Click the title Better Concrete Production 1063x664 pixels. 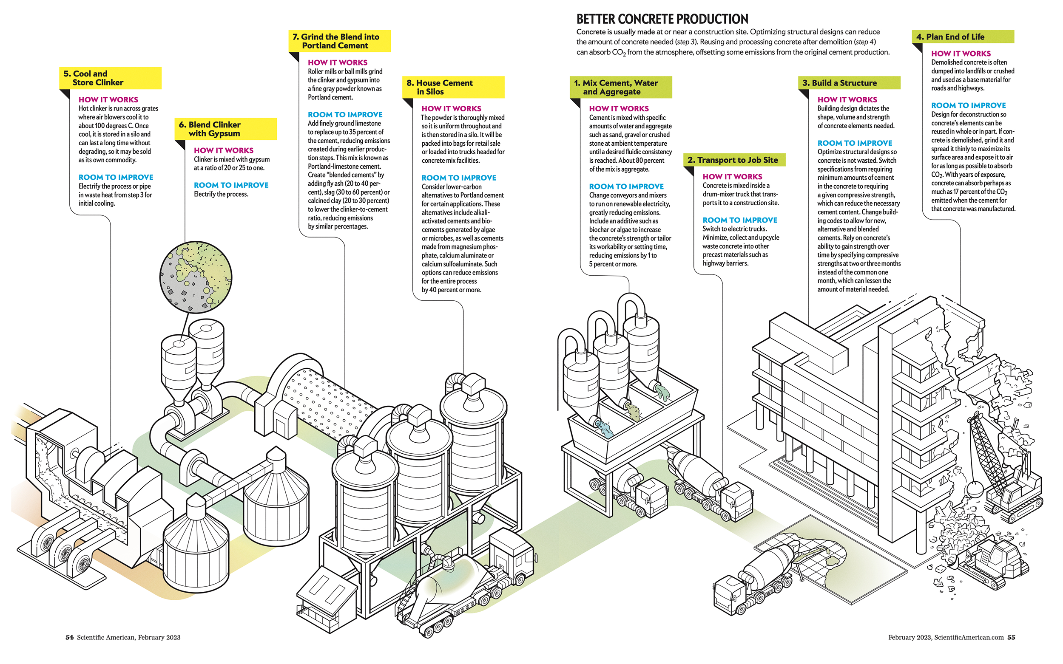pos(662,19)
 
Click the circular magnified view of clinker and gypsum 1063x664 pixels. pos(196,277)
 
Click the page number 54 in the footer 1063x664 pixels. pos(69,637)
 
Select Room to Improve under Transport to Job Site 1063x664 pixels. pos(739,220)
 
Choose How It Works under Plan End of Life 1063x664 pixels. pos(961,54)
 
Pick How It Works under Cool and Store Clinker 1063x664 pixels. pos(108,100)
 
